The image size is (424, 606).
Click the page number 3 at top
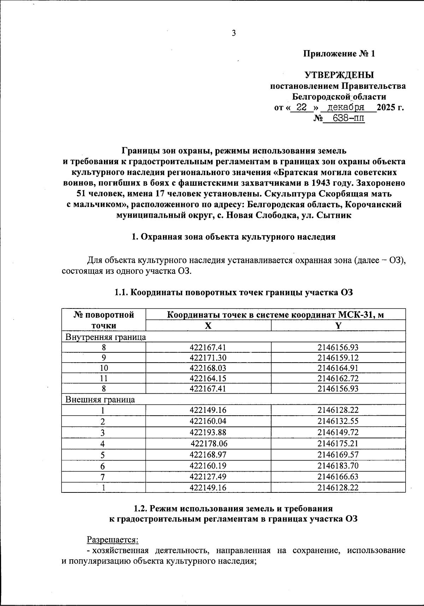pyautogui.click(x=233, y=33)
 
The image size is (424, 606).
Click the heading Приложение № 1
pyautogui.click(x=338, y=54)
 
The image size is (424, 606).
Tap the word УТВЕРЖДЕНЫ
pyautogui.click(x=339, y=75)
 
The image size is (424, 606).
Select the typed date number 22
pyautogui.click(x=301, y=107)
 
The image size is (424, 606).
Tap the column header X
pyautogui.click(x=208, y=326)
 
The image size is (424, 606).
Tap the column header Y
pyautogui.click(x=338, y=326)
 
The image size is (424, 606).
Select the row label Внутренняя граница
pyautogui.click(x=106, y=337)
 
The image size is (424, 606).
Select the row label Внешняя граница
pyautogui.click(x=100, y=400)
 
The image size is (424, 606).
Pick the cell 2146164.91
pyautogui.click(x=338, y=368)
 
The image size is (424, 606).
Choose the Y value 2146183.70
pyautogui.click(x=338, y=466)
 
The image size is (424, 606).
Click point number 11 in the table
pyautogui.click(x=104, y=379)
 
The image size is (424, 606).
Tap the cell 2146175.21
pyautogui.click(x=338, y=444)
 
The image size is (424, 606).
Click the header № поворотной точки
pyautogui.click(x=104, y=320)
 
